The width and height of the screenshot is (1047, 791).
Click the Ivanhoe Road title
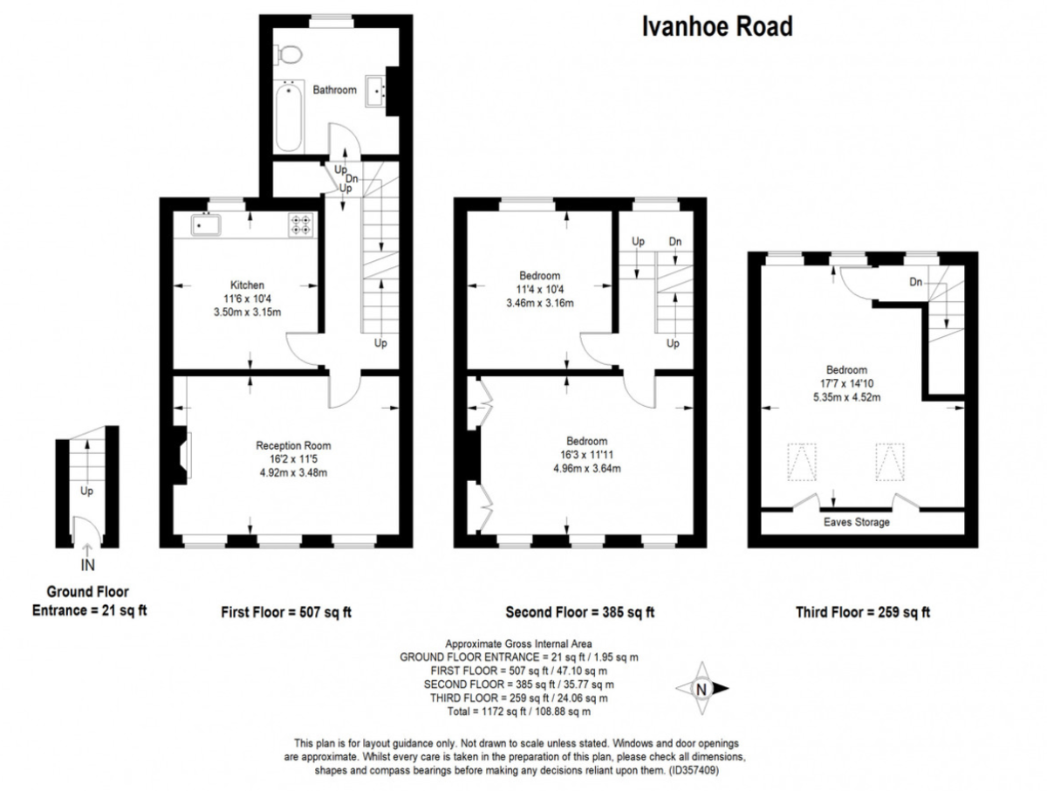point(717,27)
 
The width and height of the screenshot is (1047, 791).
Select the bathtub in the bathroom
point(289,116)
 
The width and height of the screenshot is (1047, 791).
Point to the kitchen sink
point(206,224)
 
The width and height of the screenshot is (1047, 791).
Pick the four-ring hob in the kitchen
point(300,224)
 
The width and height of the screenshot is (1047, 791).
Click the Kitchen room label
point(247,285)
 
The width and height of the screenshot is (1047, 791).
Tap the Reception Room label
point(293,445)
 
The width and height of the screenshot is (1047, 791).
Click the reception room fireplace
point(181,455)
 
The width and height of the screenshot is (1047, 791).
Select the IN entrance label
point(88,566)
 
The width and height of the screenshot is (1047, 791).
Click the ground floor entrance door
point(86,530)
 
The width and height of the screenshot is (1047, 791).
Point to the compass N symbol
point(701,688)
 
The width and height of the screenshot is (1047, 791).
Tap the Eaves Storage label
point(856,522)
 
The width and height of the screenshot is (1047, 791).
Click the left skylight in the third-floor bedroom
point(802,462)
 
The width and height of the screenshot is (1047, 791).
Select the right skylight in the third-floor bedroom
point(890,462)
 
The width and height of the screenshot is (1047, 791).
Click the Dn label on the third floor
point(915,282)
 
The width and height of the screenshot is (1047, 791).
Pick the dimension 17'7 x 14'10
point(846,383)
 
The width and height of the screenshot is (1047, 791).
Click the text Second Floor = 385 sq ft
point(579,612)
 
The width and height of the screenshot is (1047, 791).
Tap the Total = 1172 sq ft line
point(518,712)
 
